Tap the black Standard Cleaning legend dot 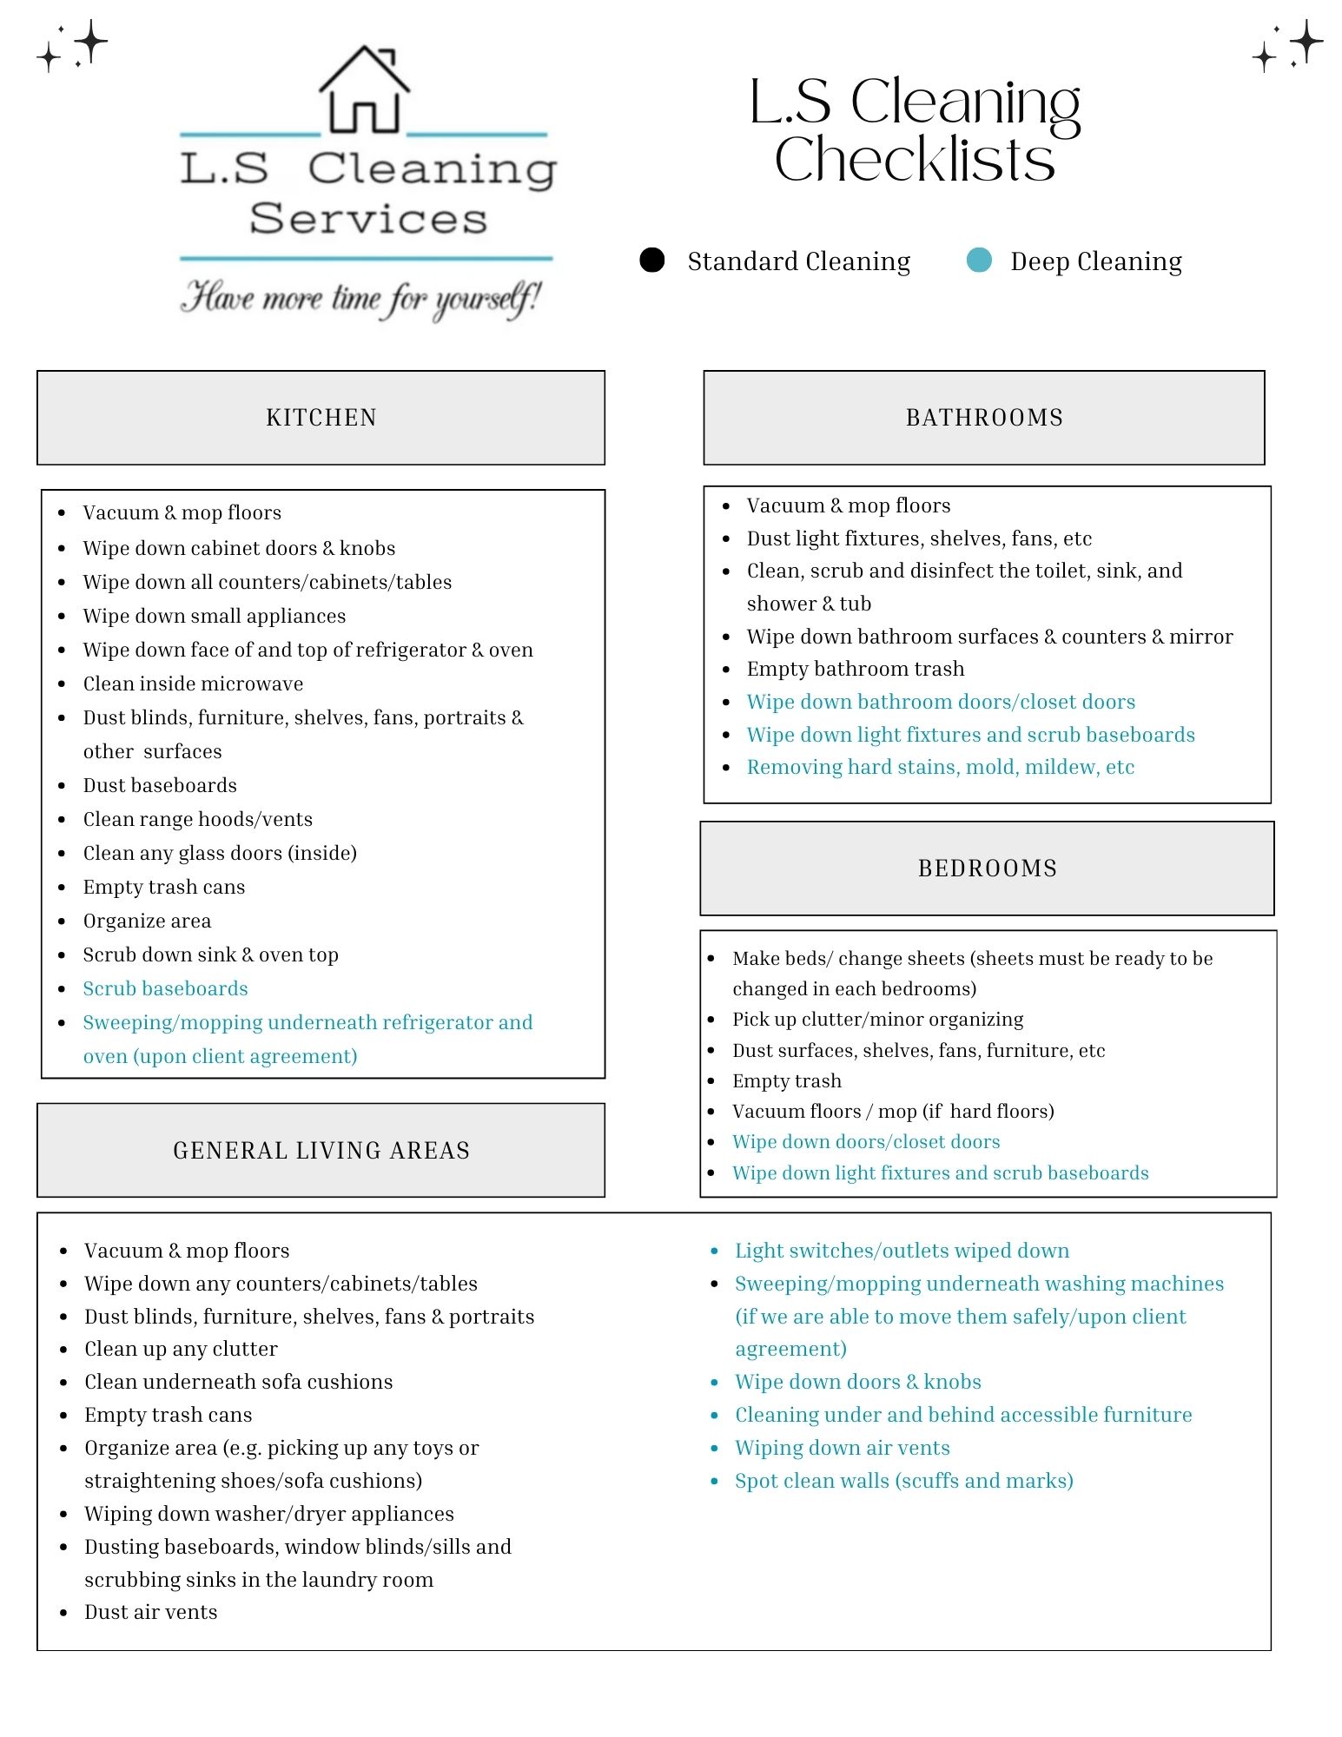coord(651,260)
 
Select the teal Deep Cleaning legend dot coord(979,260)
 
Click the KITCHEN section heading coord(321,418)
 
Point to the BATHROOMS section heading coord(984,418)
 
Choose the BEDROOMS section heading coord(987,868)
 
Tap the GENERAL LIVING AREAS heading coord(321,1150)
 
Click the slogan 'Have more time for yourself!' coord(360,298)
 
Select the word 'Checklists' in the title coord(915,160)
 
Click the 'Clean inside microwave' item coord(193,684)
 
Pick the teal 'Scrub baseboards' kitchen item coord(165,988)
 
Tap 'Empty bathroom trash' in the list coord(856,669)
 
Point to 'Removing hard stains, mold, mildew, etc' coord(941,767)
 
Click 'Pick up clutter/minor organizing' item coord(877,1019)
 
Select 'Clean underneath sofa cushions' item coord(238,1382)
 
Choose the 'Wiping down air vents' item coord(842,1448)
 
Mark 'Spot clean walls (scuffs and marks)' coord(903,1481)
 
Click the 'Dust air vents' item coord(150,1612)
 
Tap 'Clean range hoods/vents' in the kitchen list coord(197,819)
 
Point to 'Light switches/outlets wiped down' coord(902,1251)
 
